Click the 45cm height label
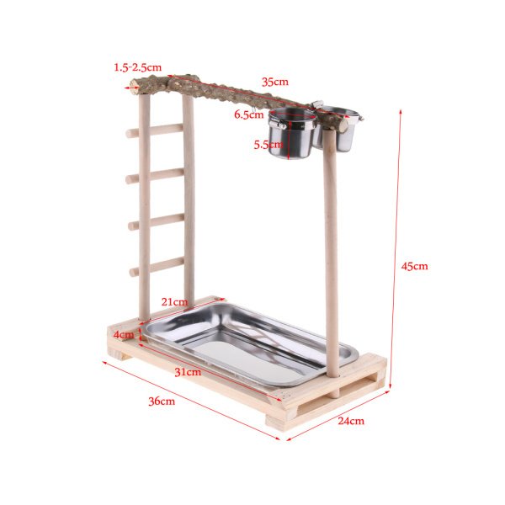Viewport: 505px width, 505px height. point(414,266)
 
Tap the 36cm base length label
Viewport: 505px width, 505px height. point(162,401)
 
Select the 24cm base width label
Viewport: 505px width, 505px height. point(351,421)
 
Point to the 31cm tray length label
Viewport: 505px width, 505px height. point(188,372)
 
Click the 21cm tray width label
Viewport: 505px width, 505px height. point(174,302)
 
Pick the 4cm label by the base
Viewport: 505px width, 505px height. point(124,335)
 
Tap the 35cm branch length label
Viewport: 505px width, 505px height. point(274,82)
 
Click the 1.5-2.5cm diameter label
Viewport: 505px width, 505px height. point(137,67)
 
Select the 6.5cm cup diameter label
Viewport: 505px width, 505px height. point(248,114)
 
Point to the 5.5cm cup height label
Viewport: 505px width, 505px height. point(268,145)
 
